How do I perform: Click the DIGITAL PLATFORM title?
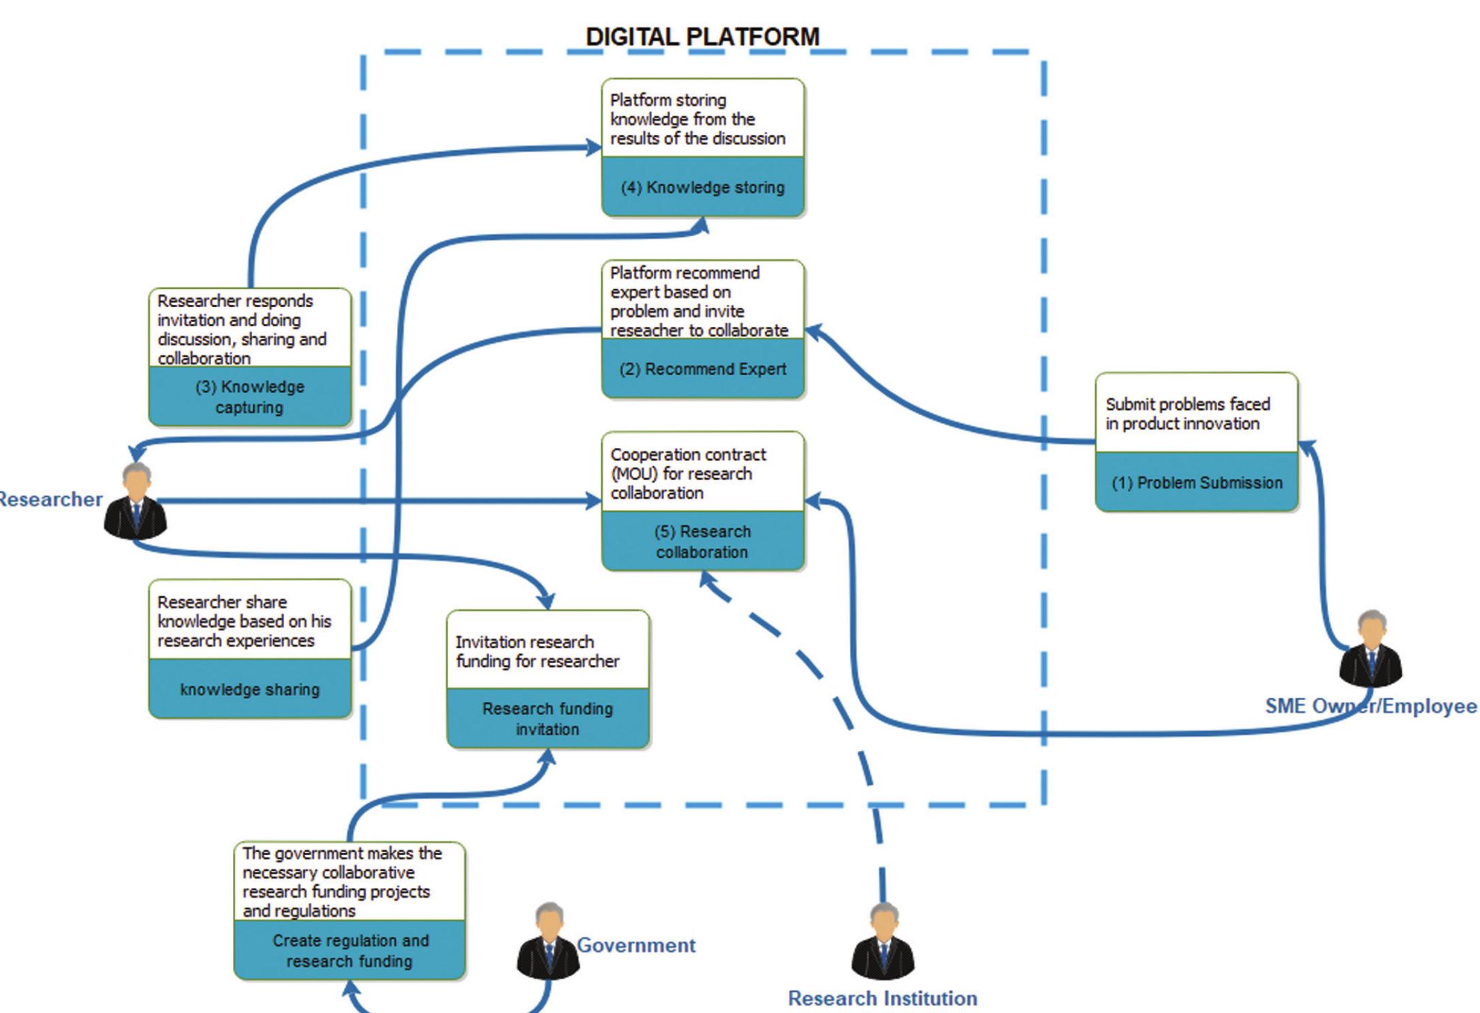tap(702, 37)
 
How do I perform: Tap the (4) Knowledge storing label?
tap(702, 187)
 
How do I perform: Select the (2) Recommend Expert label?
tap(702, 369)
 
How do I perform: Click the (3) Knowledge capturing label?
tap(249, 397)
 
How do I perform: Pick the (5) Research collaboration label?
tap(702, 541)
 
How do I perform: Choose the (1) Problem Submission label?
tap(1197, 483)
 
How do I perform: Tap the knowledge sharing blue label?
tap(249, 689)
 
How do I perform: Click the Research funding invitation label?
tap(548, 718)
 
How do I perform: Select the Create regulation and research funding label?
tap(350, 950)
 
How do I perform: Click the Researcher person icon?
tap(136, 500)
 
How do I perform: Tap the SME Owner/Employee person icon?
tap(1370, 650)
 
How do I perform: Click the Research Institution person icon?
tap(883, 942)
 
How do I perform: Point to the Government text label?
tap(636, 945)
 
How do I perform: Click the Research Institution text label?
tap(883, 998)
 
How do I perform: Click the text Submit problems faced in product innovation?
tap(1188, 413)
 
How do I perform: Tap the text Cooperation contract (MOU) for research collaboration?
tap(688, 473)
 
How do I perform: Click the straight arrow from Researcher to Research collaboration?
tap(375, 502)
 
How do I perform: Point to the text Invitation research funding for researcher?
tap(537, 652)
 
